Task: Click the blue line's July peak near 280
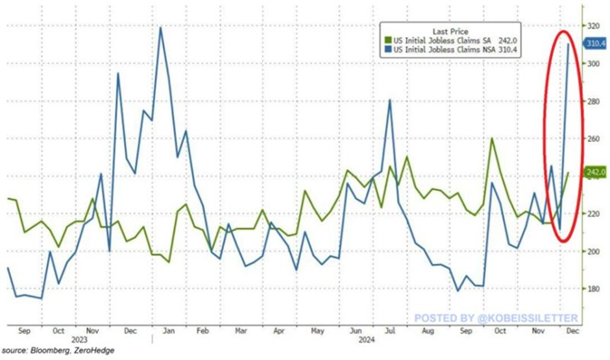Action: click(x=389, y=100)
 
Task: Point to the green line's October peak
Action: click(x=493, y=138)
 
